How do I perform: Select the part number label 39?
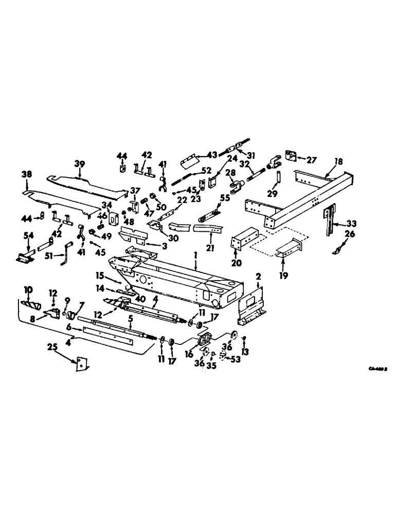(79, 163)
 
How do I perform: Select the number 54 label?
(28, 235)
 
